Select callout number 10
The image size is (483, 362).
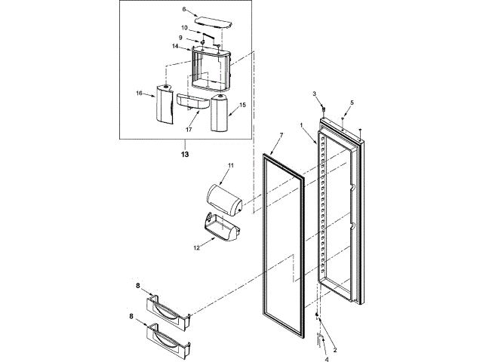coord(183,29)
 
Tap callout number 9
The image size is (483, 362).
coord(181,38)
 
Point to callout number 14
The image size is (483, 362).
coord(175,47)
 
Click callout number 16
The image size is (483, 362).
coord(140,94)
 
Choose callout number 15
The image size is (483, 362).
coord(243,105)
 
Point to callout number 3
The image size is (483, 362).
coord(315,94)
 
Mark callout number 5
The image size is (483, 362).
coord(351,102)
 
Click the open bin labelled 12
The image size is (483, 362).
coord(220,230)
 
